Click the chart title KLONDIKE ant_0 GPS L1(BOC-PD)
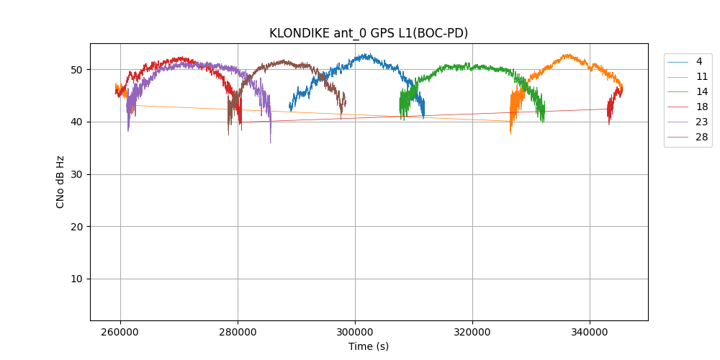point(369,33)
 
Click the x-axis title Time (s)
point(369,346)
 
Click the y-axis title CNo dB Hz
point(60,182)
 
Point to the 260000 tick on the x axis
point(120,333)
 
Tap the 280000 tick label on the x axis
point(238,333)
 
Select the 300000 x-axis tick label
point(355,333)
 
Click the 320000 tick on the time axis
point(472,333)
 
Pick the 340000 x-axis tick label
point(590,333)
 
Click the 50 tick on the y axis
point(76,70)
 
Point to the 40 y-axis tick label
point(76,122)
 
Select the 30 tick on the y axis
point(76,174)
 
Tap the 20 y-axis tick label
point(76,227)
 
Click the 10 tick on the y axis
point(76,279)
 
